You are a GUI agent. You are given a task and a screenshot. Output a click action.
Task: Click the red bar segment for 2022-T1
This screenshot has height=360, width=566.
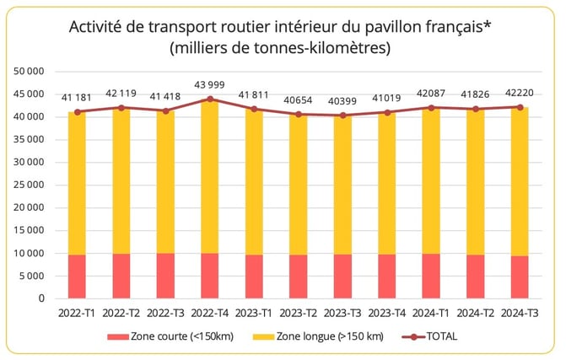[x=77, y=277]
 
